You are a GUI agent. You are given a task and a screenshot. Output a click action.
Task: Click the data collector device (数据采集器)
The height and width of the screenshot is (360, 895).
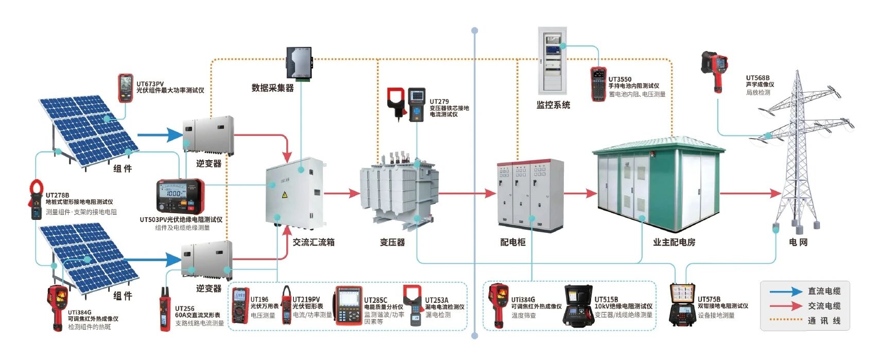300,63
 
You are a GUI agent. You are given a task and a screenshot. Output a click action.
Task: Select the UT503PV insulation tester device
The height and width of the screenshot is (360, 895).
180,196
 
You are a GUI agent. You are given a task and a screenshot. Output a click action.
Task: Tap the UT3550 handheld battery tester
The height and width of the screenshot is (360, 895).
598,83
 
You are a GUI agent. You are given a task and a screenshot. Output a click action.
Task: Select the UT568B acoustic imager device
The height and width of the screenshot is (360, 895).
714,70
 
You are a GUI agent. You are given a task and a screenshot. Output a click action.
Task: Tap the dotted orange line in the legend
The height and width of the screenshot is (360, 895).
786,320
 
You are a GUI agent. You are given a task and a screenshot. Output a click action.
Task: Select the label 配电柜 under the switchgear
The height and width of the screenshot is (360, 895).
513,242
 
